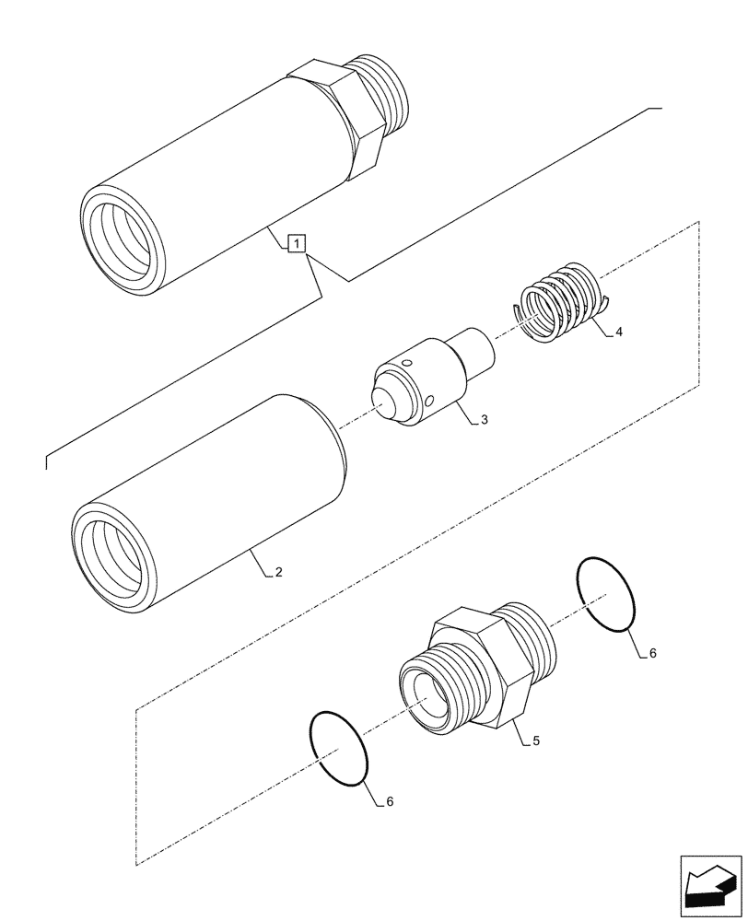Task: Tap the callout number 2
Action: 278,573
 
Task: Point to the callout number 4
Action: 619,332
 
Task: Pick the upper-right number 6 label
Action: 652,653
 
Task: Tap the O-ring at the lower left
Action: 340,749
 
